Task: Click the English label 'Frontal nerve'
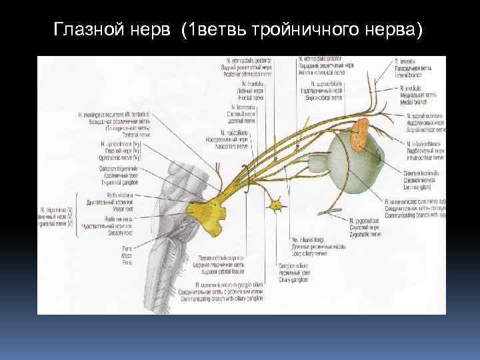click(x=245, y=96)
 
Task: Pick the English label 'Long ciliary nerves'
click(x=311, y=253)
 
